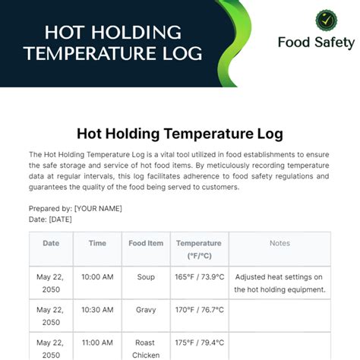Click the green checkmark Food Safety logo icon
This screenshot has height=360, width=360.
[316, 21]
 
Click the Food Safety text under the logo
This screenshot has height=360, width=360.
[316, 43]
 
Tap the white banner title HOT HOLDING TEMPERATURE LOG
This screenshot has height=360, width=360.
[113, 43]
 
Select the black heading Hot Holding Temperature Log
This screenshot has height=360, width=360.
[180, 134]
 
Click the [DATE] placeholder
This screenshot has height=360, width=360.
[60, 219]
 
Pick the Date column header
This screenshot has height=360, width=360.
[51, 244]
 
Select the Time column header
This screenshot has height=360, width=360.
[97, 244]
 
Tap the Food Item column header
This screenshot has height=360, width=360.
[146, 244]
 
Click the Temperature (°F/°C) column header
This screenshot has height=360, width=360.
[199, 249]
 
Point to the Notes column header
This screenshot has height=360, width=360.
[279, 244]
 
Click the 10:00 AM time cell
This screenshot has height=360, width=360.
[97, 277]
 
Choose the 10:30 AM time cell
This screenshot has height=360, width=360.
[97, 310]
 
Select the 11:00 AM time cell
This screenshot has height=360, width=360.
[97, 343]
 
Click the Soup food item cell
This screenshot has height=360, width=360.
[146, 277]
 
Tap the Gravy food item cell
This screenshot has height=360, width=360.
[146, 310]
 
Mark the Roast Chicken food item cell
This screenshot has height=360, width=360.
[146, 349]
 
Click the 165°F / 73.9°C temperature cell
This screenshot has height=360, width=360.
[199, 277]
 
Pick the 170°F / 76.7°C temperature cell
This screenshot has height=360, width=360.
[199, 310]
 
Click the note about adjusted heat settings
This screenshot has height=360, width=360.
[279, 283]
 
